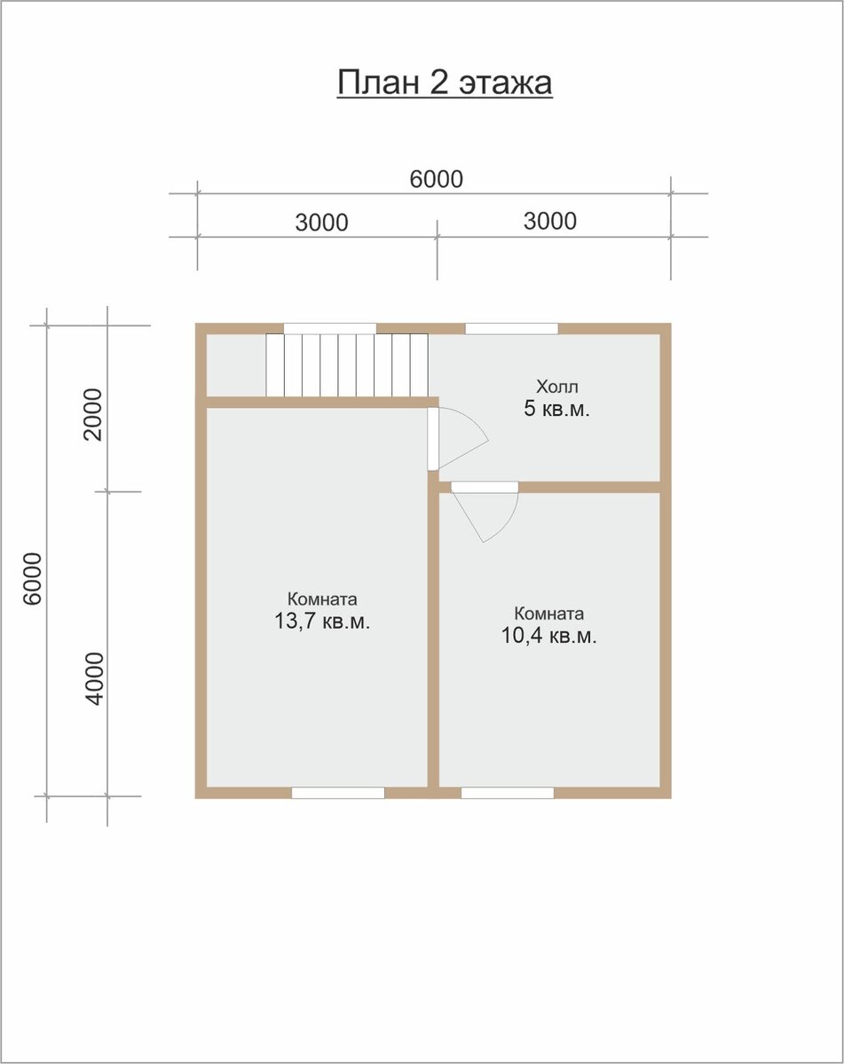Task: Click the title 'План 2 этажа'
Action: coord(445,83)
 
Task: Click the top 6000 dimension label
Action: coord(436,179)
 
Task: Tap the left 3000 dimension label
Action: coord(322,223)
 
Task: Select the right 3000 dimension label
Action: coord(550,221)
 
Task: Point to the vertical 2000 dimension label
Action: coord(93,415)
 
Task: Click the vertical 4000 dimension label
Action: coord(95,679)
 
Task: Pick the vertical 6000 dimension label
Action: coord(33,578)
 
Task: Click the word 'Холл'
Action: coord(556,387)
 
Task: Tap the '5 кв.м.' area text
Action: coord(556,410)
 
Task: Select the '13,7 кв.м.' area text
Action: coord(322,621)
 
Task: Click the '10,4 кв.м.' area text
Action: coord(549,636)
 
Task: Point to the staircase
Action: coord(347,365)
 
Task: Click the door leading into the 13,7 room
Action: coord(433,438)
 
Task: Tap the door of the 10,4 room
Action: coord(485,487)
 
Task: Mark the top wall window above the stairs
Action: coord(329,328)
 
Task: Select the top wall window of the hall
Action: coord(512,328)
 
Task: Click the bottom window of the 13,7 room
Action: coord(338,793)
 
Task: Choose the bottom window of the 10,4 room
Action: coord(508,793)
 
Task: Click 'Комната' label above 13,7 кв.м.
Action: coord(322,599)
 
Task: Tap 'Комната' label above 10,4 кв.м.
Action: coord(549,614)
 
